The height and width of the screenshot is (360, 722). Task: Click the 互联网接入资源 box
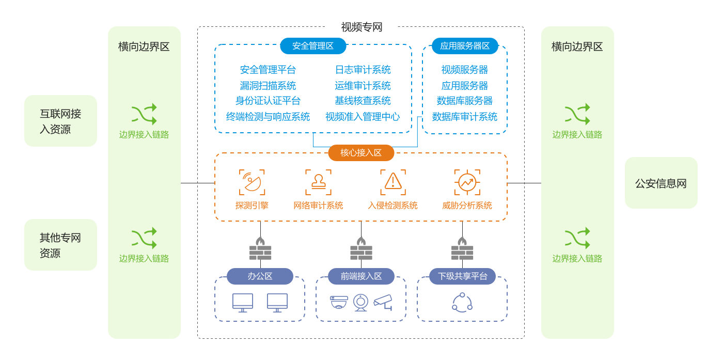tap(60, 121)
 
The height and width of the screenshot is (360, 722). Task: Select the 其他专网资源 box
tap(60, 245)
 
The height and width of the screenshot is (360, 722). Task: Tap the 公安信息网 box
tap(661, 183)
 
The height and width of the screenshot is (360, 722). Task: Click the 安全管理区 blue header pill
tap(313, 45)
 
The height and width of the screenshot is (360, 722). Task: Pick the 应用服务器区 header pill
tap(465, 45)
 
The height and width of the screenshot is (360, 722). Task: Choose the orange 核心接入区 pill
tap(361, 153)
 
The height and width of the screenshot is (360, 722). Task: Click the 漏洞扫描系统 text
tap(268, 86)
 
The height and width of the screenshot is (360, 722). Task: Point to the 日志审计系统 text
tap(363, 70)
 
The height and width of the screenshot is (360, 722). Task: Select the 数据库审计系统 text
tap(465, 117)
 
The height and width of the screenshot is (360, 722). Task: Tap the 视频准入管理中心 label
tap(363, 117)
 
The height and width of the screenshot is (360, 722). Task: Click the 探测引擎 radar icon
tap(252, 182)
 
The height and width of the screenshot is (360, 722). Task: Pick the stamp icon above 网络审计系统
tap(318, 182)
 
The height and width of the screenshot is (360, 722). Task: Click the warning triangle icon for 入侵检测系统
tap(393, 182)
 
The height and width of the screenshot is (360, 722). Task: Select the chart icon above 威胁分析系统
tap(467, 182)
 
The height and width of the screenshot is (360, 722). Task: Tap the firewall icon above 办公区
tap(260, 248)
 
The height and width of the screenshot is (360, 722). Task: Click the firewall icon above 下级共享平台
tap(462, 248)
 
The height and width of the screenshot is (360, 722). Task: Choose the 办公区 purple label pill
tap(260, 276)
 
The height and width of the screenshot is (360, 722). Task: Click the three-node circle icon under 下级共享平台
tap(462, 302)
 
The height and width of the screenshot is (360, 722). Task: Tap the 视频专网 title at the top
tap(362, 27)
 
